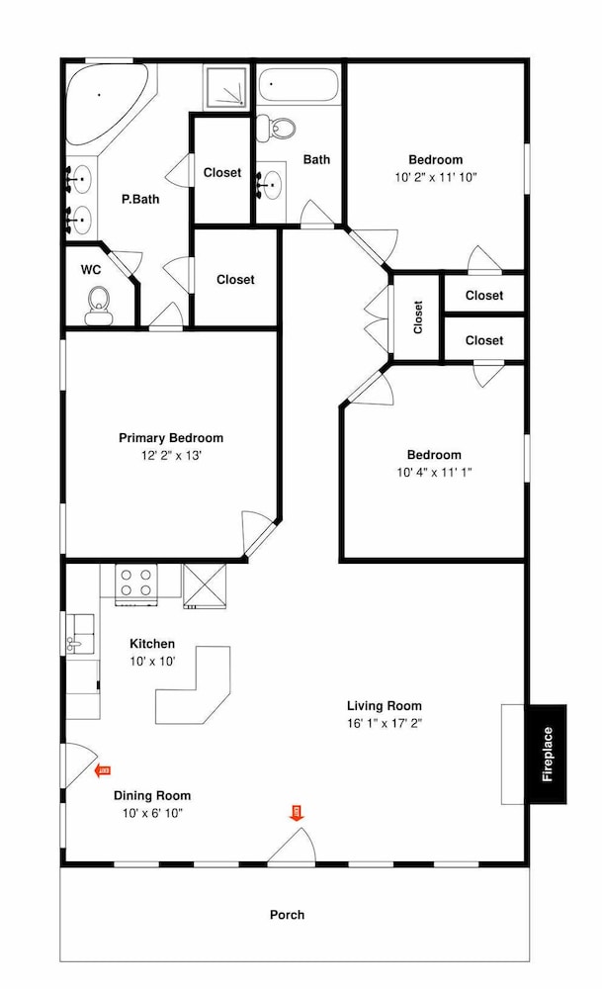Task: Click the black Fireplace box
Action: tap(548, 754)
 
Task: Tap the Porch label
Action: tap(287, 915)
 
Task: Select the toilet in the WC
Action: tap(98, 306)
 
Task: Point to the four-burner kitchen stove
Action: tap(136, 583)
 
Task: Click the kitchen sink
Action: tap(81, 634)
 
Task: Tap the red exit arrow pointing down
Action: tap(297, 812)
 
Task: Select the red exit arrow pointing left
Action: tap(102, 770)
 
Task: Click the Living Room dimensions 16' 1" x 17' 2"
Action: tap(384, 723)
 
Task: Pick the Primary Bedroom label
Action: tap(171, 438)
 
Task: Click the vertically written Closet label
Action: tap(417, 316)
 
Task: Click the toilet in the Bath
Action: tap(278, 128)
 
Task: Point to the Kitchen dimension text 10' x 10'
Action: tap(152, 661)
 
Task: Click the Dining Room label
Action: tap(152, 795)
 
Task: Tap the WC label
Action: tap(91, 270)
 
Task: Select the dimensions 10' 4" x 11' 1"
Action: tap(434, 472)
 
